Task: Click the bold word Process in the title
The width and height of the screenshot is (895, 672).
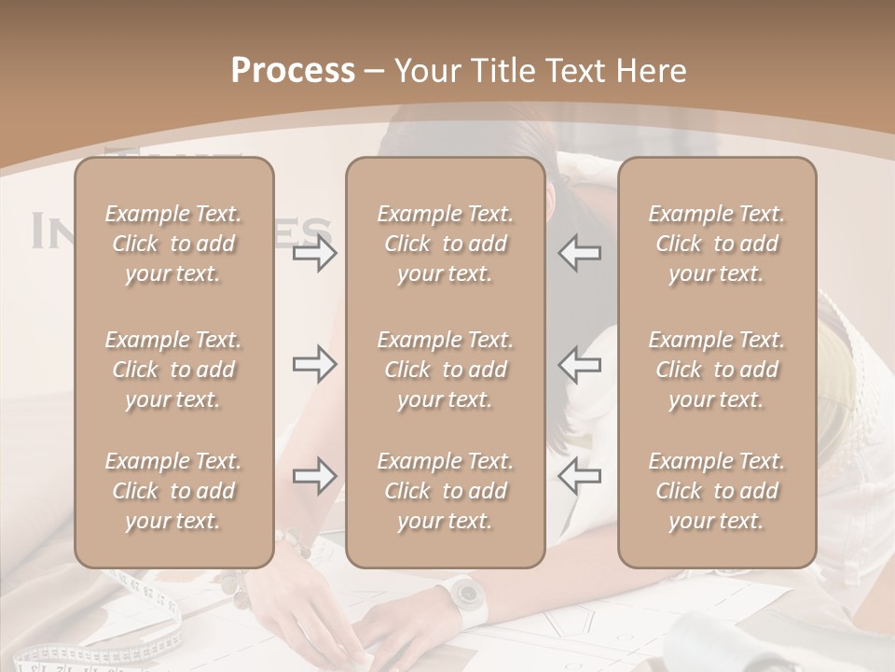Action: [293, 71]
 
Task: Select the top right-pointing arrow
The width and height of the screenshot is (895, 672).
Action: [315, 254]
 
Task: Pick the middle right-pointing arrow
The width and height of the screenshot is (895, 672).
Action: [315, 364]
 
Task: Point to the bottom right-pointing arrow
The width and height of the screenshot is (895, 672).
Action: [315, 476]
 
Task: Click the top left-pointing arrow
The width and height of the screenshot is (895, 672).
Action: [579, 254]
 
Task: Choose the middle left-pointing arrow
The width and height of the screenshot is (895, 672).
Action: [579, 364]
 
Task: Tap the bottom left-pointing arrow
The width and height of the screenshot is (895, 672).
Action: [579, 476]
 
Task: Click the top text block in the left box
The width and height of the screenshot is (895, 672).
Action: [173, 244]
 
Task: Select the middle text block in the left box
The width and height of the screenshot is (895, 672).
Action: [173, 370]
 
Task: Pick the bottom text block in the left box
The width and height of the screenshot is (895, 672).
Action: [173, 491]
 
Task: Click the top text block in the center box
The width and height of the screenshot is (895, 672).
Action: [445, 244]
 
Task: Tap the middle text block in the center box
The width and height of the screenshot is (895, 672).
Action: [445, 370]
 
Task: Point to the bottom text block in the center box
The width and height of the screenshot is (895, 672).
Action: [445, 491]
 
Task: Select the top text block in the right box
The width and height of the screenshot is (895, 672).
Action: [716, 244]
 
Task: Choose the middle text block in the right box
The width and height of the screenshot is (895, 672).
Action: [716, 370]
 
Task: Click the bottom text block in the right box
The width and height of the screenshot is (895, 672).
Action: [716, 491]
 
